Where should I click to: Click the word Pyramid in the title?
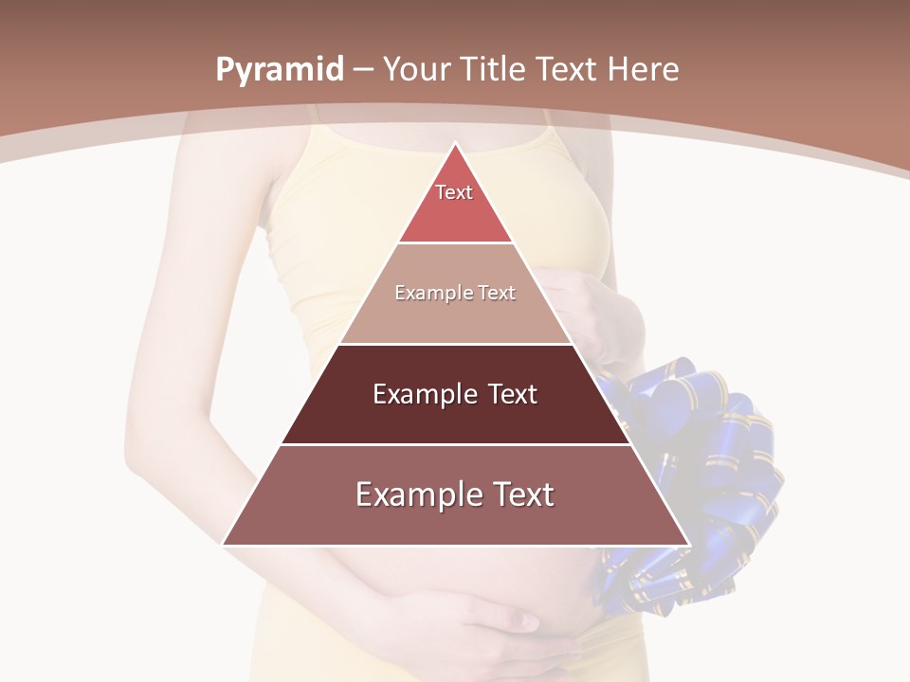pyautogui.click(x=279, y=70)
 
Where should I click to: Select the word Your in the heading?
pyautogui.click(x=417, y=70)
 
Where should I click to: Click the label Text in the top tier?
pyautogui.click(x=454, y=192)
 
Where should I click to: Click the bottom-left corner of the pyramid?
pyautogui.click(x=224, y=544)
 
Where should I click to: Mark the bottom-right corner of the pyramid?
pyautogui.click(x=687, y=544)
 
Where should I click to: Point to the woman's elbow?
pyautogui.click(x=142, y=455)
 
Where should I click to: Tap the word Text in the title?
pyautogui.click(x=567, y=70)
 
